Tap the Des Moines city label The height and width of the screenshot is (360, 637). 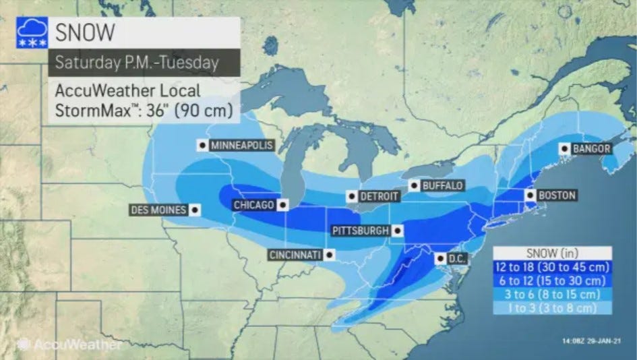tap(158, 210)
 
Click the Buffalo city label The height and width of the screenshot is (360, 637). tap(442, 185)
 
